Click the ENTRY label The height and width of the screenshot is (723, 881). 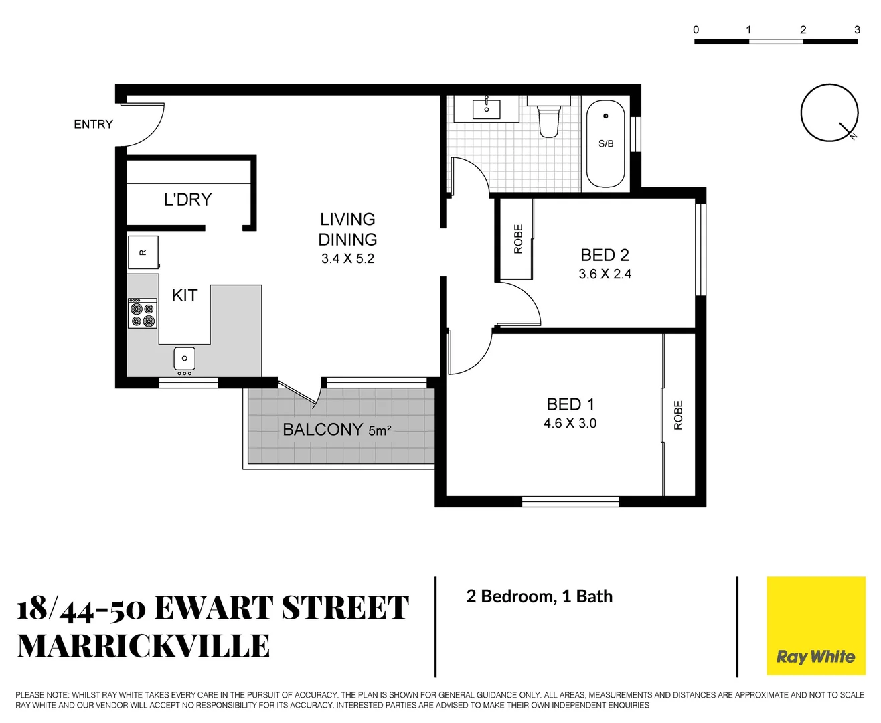pyautogui.click(x=93, y=124)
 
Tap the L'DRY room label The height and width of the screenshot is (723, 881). pyautogui.click(x=187, y=199)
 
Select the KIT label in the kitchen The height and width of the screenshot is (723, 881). pyautogui.click(x=184, y=295)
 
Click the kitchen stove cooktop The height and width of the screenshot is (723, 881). pyautogui.click(x=143, y=314)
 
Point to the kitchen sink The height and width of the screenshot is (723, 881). pyautogui.click(x=184, y=358)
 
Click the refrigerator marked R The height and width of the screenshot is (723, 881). pyautogui.click(x=143, y=252)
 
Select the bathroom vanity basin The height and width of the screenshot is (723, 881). pyautogui.click(x=487, y=108)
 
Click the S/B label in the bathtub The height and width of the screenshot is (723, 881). pyautogui.click(x=606, y=143)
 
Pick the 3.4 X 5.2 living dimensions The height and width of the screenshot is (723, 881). pyautogui.click(x=347, y=259)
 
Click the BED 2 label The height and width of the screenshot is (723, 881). pyautogui.click(x=605, y=255)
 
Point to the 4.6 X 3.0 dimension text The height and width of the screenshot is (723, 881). pyautogui.click(x=570, y=423)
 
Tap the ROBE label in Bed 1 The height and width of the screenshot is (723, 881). pyautogui.click(x=678, y=415)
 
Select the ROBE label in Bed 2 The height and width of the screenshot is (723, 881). pyautogui.click(x=518, y=239)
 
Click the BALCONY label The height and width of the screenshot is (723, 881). pyautogui.click(x=323, y=429)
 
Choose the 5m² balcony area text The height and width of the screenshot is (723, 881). pyautogui.click(x=380, y=431)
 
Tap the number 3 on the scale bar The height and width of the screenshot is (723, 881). pyautogui.click(x=857, y=29)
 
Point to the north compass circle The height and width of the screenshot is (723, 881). pyautogui.click(x=829, y=112)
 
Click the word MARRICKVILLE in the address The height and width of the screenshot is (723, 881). pyautogui.click(x=143, y=646)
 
